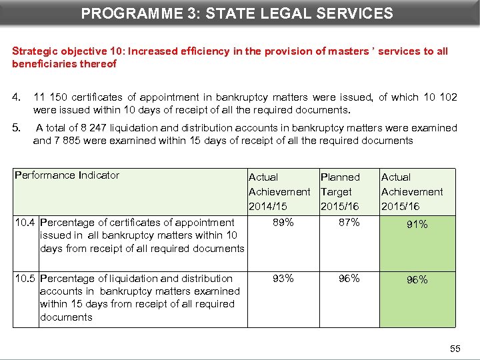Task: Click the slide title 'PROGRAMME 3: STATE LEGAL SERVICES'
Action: (237, 13)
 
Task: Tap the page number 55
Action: (455, 349)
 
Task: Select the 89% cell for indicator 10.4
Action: (283, 223)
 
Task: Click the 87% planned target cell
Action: (349, 223)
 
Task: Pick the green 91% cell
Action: (417, 225)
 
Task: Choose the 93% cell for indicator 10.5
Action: (283, 279)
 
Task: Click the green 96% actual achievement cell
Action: (417, 280)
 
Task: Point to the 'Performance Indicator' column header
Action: (67, 175)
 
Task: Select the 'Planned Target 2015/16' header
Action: (341, 192)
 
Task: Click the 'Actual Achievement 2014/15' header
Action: (279, 192)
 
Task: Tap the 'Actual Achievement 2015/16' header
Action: (412, 192)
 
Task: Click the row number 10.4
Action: (25, 223)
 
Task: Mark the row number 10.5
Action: (25, 279)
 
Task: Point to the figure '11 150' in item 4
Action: (49, 97)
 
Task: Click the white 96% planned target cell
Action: (349, 279)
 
